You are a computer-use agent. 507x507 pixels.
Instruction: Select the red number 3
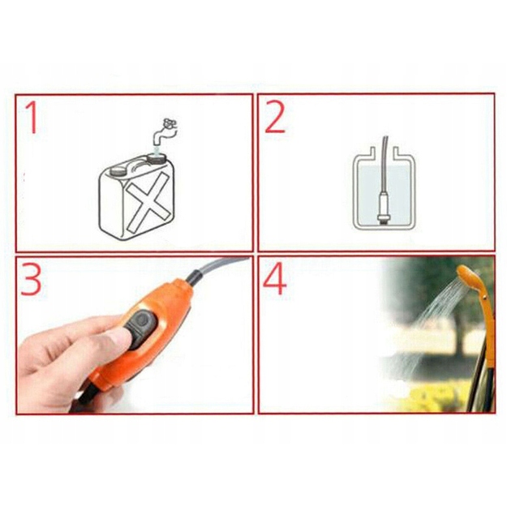click(31, 279)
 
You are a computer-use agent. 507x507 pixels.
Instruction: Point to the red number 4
click(275, 280)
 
